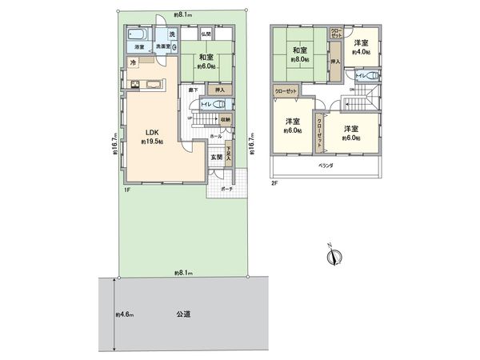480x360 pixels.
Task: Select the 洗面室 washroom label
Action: point(166,47)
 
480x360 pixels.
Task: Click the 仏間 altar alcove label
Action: point(206,34)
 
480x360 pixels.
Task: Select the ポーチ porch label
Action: point(226,190)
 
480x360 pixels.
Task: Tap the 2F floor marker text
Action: point(274,182)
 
